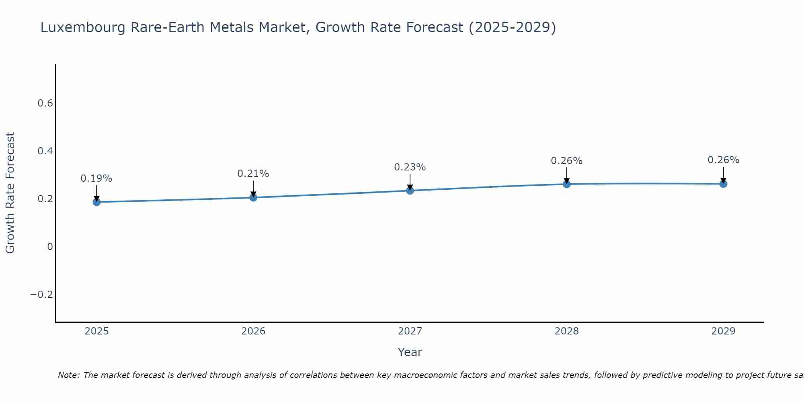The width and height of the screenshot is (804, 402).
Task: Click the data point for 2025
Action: [x=96, y=202]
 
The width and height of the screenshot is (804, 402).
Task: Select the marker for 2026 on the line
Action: [x=253, y=197]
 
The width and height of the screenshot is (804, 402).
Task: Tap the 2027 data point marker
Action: [x=410, y=191]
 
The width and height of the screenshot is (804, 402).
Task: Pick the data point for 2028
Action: [x=566, y=184]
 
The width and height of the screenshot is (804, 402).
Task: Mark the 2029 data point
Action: [x=723, y=184]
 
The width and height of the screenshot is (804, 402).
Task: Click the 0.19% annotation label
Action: [x=96, y=178]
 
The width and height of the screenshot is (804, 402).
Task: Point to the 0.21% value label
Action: [x=253, y=174]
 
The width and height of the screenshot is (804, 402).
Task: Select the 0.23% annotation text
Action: [x=410, y=167]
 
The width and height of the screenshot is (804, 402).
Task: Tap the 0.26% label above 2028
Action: [x=566, y=161]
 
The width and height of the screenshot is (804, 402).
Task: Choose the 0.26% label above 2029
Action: [x=723, y=160]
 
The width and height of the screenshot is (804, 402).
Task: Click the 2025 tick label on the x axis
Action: [x=96, y=331]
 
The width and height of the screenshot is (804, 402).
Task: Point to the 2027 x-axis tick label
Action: [x=410, y=331]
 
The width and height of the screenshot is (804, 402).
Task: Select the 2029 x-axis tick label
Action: [x=723, y=331]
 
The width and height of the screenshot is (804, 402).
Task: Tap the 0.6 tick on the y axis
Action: [x=45, y=103]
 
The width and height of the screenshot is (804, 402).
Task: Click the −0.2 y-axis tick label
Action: [x=41, y=295]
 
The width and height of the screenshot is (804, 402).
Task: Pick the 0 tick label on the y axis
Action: [x=50, y=247]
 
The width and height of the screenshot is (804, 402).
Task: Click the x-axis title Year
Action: [x=410, y=352]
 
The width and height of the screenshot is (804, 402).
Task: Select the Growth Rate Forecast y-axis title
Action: [x=10, y=193]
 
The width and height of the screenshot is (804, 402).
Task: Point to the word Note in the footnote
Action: [x=69, y=375]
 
